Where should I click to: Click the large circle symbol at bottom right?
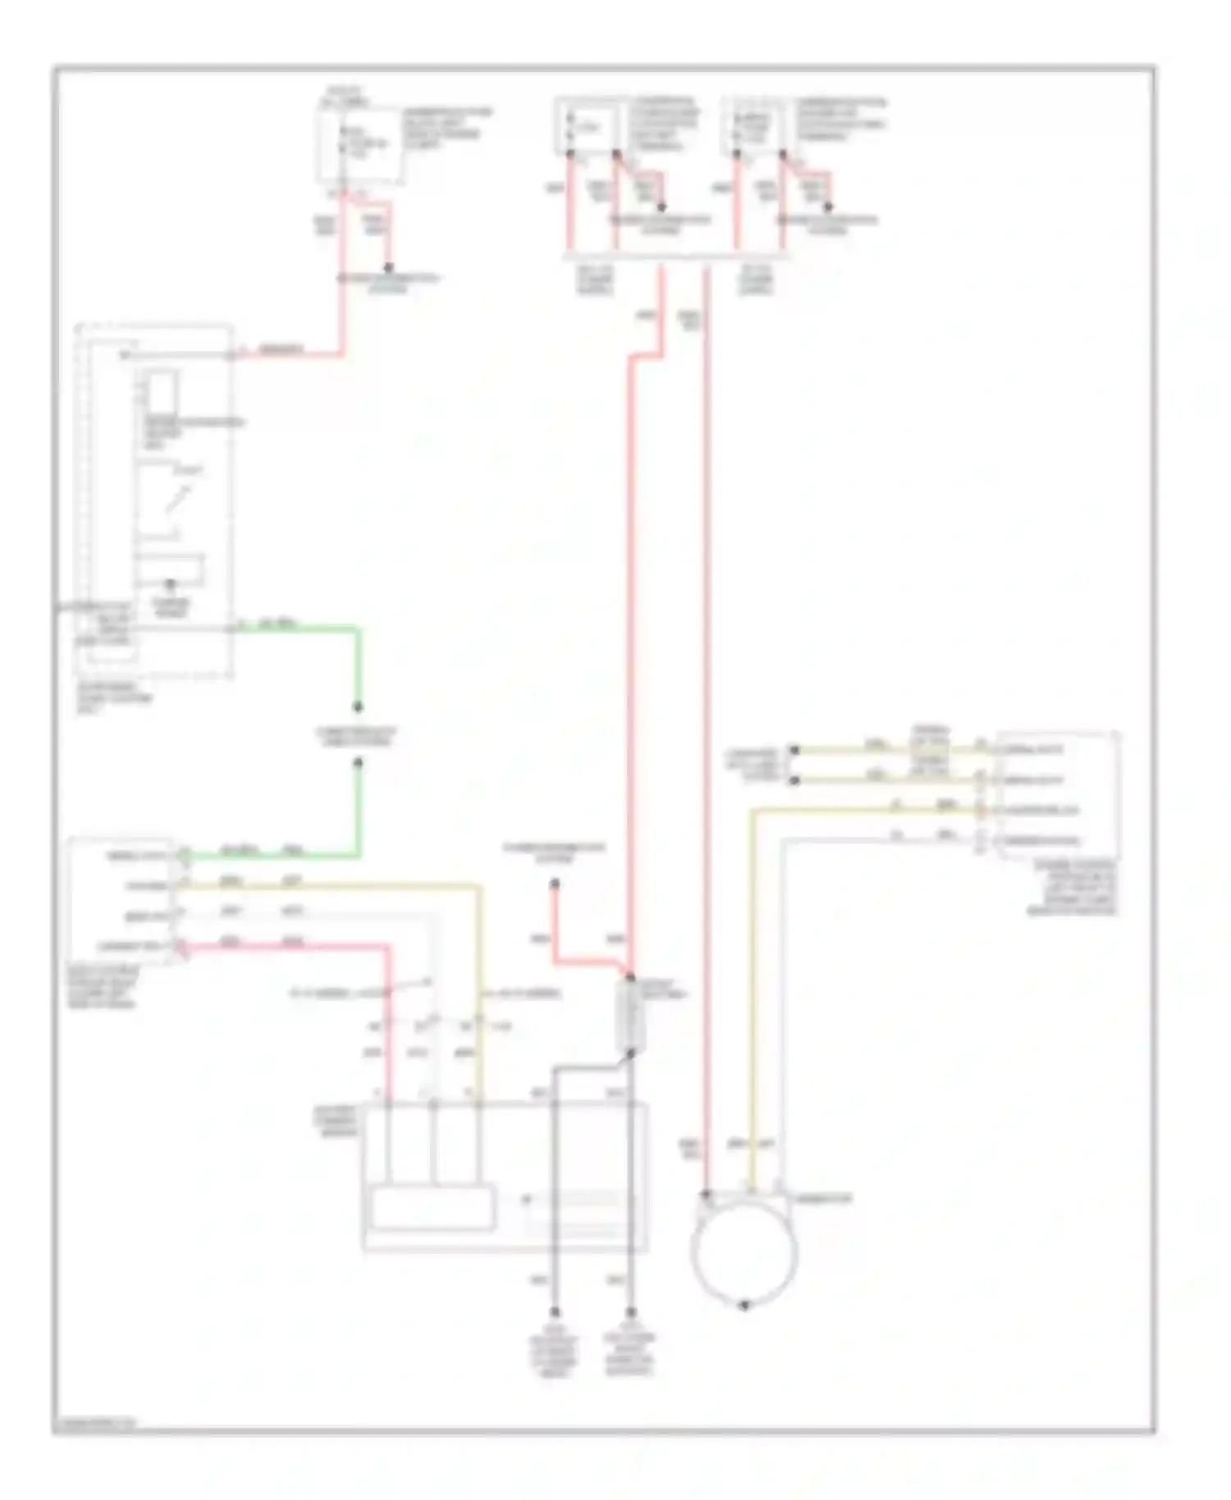pyautogui.click(x=744, y=1252)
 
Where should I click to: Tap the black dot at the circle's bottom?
pyautogui.click(x=744, y=1305)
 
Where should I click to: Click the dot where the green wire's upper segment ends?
pyautogui.click(x=358, y=707)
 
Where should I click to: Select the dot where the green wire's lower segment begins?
pyautogui.click(x=358, y=763)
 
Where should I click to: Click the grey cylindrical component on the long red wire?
pyautogui.click(x=629, y=1016)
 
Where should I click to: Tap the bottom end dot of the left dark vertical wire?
pyautogui.click(x=555, y=1312)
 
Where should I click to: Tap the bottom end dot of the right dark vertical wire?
pyautogui.click(x=630, y=1312)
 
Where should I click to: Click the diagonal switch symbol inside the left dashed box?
pyautogui.click(x=178, y=499)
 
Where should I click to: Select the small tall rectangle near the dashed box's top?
pyautogui.click(x=161, y=390)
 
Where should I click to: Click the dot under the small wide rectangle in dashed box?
pyautogui.click(x=171, y=584)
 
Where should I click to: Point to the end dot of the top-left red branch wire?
pyautogui.click(x=388, y=268)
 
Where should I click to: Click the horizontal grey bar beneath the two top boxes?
pyautogui.click(x=677, y=257)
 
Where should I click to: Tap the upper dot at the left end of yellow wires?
pyautogui.click(x=794, y=750)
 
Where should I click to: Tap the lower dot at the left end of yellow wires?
pyautogui.click(x=794, y=780)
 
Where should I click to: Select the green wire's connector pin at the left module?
pyautogui.click(x=184, y=856)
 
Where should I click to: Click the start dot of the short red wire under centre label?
pyautogui.click(x=555, y=884)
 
